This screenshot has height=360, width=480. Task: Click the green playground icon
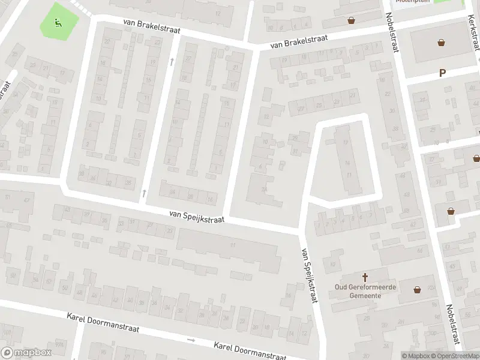click(x=58, y=23)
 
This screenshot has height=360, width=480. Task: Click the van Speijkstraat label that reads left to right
click(x=196, y=216)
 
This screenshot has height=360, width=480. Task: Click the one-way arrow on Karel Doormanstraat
click(x=191, y=340)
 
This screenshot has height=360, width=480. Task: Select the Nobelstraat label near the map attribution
click(x=452, y=325)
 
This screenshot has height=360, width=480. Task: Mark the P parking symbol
click(x=443, y=73)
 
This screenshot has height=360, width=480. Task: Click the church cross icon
click(x=365, y=277)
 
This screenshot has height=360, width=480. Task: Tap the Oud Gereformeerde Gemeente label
click(x=365, y=291)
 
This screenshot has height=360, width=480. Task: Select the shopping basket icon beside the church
click(x=418, y=290)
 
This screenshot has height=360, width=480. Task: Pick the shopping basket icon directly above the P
click(x=442, y=43)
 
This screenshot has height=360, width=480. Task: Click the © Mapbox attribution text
click(x=415, y=356)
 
